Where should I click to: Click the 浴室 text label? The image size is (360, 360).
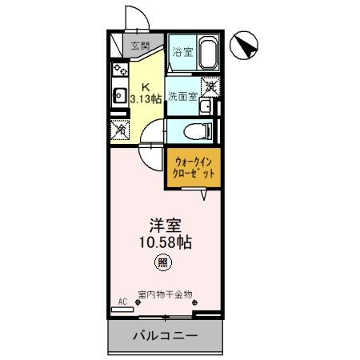[182, 53]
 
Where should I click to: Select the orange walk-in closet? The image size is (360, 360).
[193, 166]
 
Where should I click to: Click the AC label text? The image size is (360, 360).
[122, 302]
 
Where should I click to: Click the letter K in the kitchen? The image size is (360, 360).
[145, 87]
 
